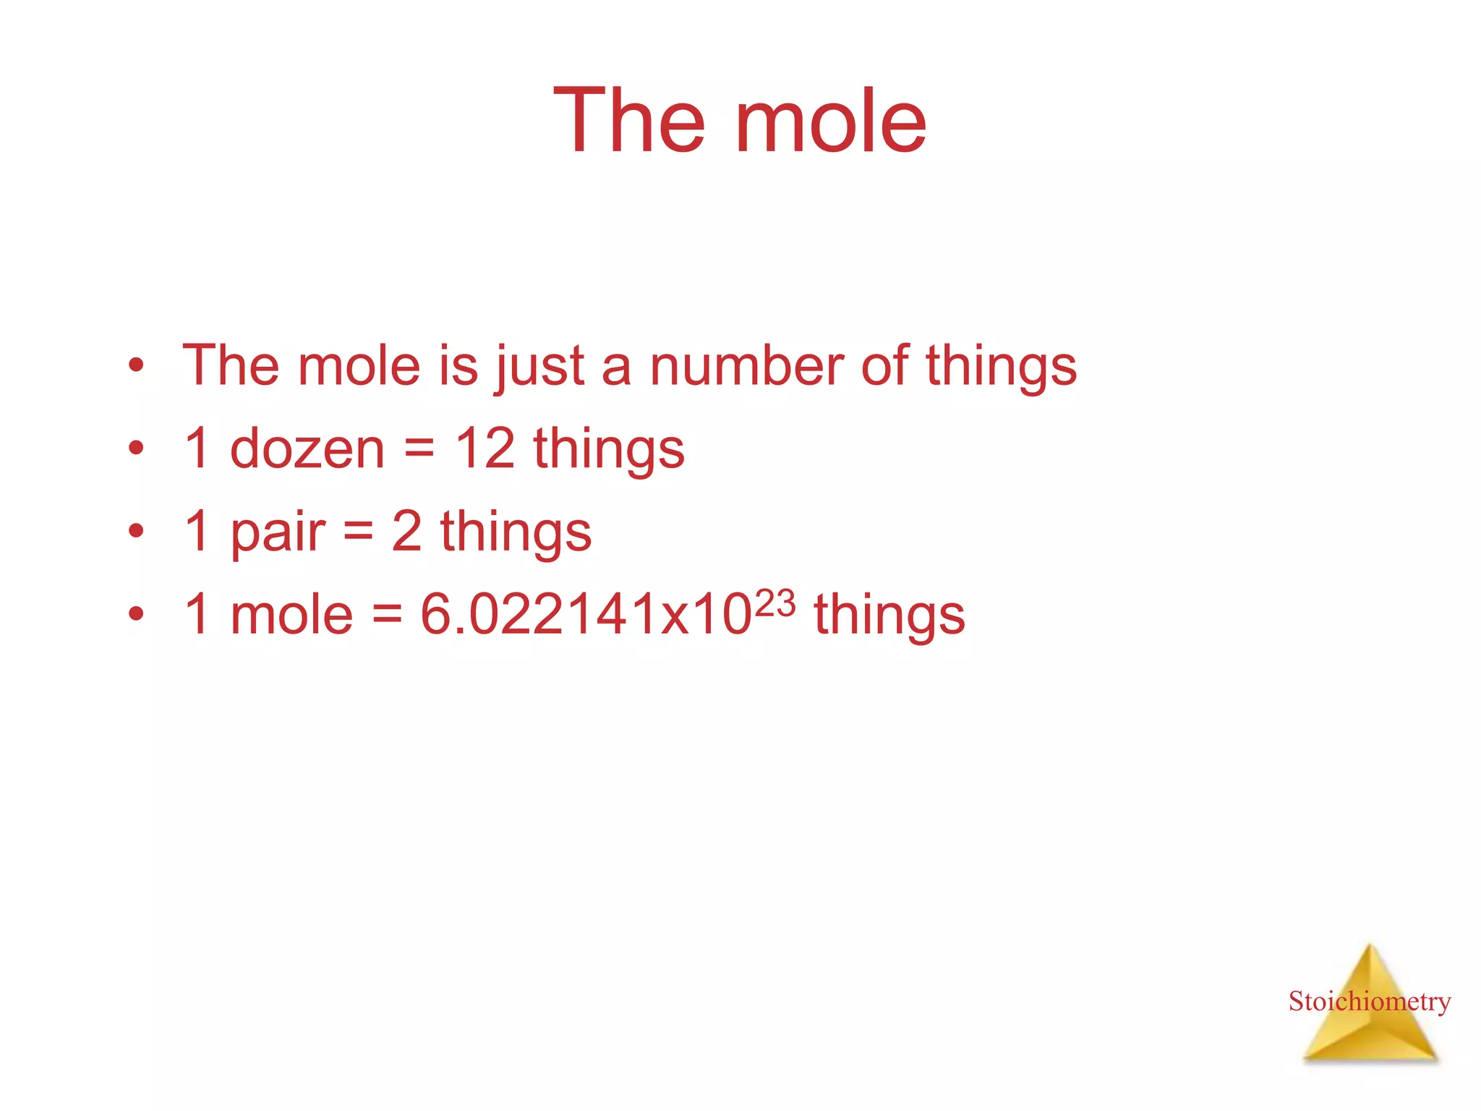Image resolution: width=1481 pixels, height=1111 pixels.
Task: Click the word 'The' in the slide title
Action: click(x=628, y=122)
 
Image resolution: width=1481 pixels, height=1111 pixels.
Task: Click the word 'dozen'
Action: click(x=307, y=449)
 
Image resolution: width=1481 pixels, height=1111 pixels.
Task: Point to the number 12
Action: click(x=485, y=448)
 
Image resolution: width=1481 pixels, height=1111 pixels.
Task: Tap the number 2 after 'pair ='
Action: click(x=406, y=532)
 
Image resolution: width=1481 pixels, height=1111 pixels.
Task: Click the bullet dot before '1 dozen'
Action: click(x=136, y=449)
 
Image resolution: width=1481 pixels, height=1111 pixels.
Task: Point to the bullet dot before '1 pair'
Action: click(x=136, y=532)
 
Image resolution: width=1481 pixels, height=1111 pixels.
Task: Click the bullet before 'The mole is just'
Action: click(x=136, y=366)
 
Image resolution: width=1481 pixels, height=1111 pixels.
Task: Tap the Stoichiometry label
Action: click(x=1370, y=1002)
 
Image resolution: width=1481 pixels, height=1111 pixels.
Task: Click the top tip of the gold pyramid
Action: click(x=1370, y=946)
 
